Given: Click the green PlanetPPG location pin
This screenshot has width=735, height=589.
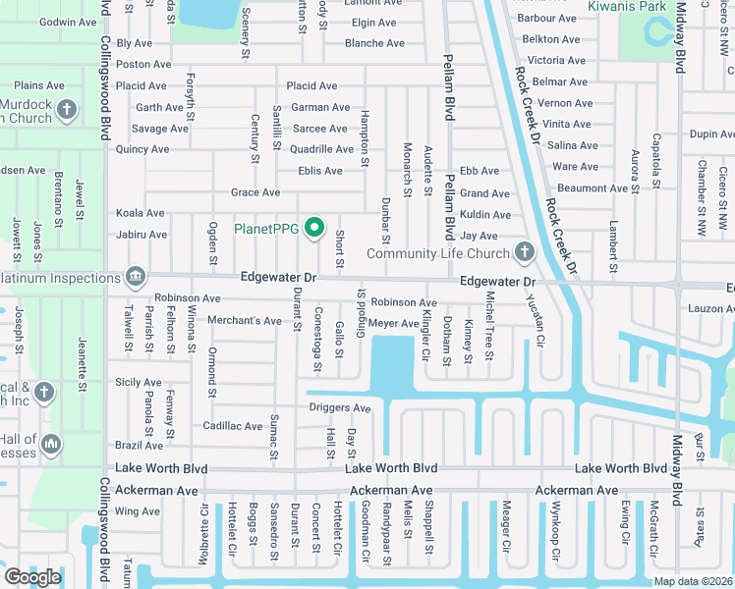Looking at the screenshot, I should point(314,229).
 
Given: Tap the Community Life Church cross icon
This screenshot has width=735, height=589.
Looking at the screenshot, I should point(524,253).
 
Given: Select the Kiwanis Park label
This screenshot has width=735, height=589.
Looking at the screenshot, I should point(626,6).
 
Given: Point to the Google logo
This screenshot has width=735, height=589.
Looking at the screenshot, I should point(32,577).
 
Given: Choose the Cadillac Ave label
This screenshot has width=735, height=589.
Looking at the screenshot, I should point(232,426).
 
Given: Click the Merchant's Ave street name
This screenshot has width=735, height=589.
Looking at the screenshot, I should point(244,321).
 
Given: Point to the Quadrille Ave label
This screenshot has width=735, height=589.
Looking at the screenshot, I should point(321,149).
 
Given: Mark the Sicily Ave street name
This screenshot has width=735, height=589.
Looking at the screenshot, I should point(138,382).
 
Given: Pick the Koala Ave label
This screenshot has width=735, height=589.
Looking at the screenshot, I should point(140,213).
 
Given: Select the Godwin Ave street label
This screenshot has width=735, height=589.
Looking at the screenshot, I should point(69,22).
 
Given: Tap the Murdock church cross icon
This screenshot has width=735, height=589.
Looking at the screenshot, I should point(67,109).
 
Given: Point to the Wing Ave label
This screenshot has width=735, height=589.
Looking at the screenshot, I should point(137,511).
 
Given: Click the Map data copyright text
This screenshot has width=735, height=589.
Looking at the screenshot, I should point(692,581).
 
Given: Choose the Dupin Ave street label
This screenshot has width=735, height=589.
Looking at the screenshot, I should point(712,134).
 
